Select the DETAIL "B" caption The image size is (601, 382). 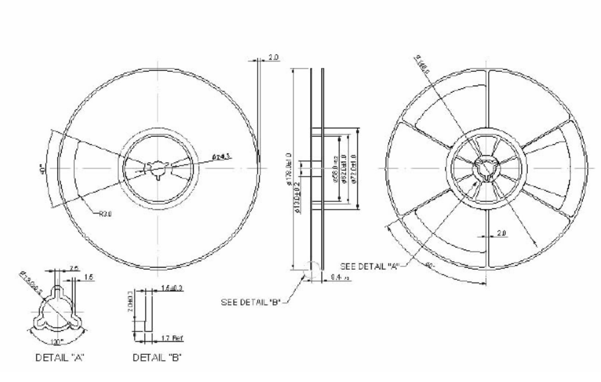(x=158, y=357)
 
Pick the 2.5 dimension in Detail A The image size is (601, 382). (x=74, y=268)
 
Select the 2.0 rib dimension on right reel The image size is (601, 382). (x=502, y=232)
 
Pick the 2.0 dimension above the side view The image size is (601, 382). (x=274, y=59)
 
